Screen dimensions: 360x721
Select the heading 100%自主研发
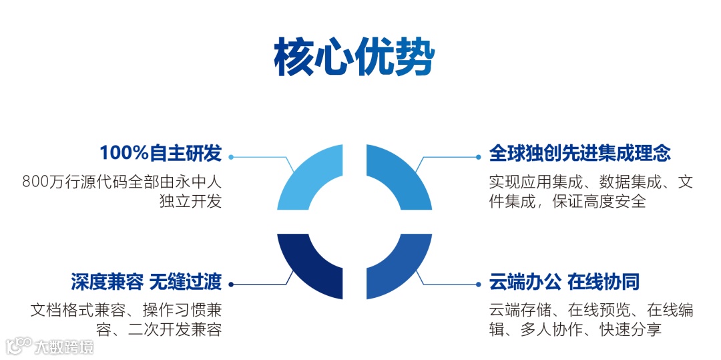(160, 153)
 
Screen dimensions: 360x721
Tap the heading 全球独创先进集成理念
(579, 153)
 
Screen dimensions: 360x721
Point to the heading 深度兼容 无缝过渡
(146, 282)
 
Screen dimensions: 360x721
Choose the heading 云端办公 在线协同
(564, 282)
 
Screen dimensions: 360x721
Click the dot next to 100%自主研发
(231, 157)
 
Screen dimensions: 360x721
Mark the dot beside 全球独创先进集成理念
(478, 157)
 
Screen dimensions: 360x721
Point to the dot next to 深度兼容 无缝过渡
(231, 285)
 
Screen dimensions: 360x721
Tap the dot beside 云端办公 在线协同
(478, 285)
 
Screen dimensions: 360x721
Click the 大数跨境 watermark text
(65, 347)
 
